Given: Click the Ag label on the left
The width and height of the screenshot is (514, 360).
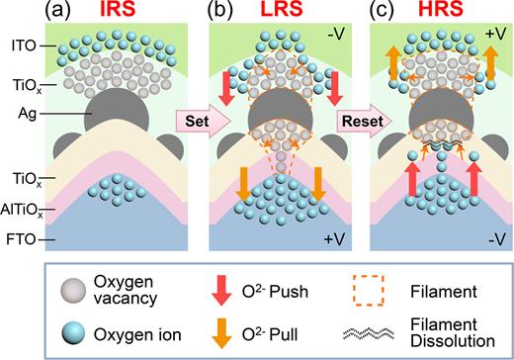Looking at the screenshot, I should pos(26,112).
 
